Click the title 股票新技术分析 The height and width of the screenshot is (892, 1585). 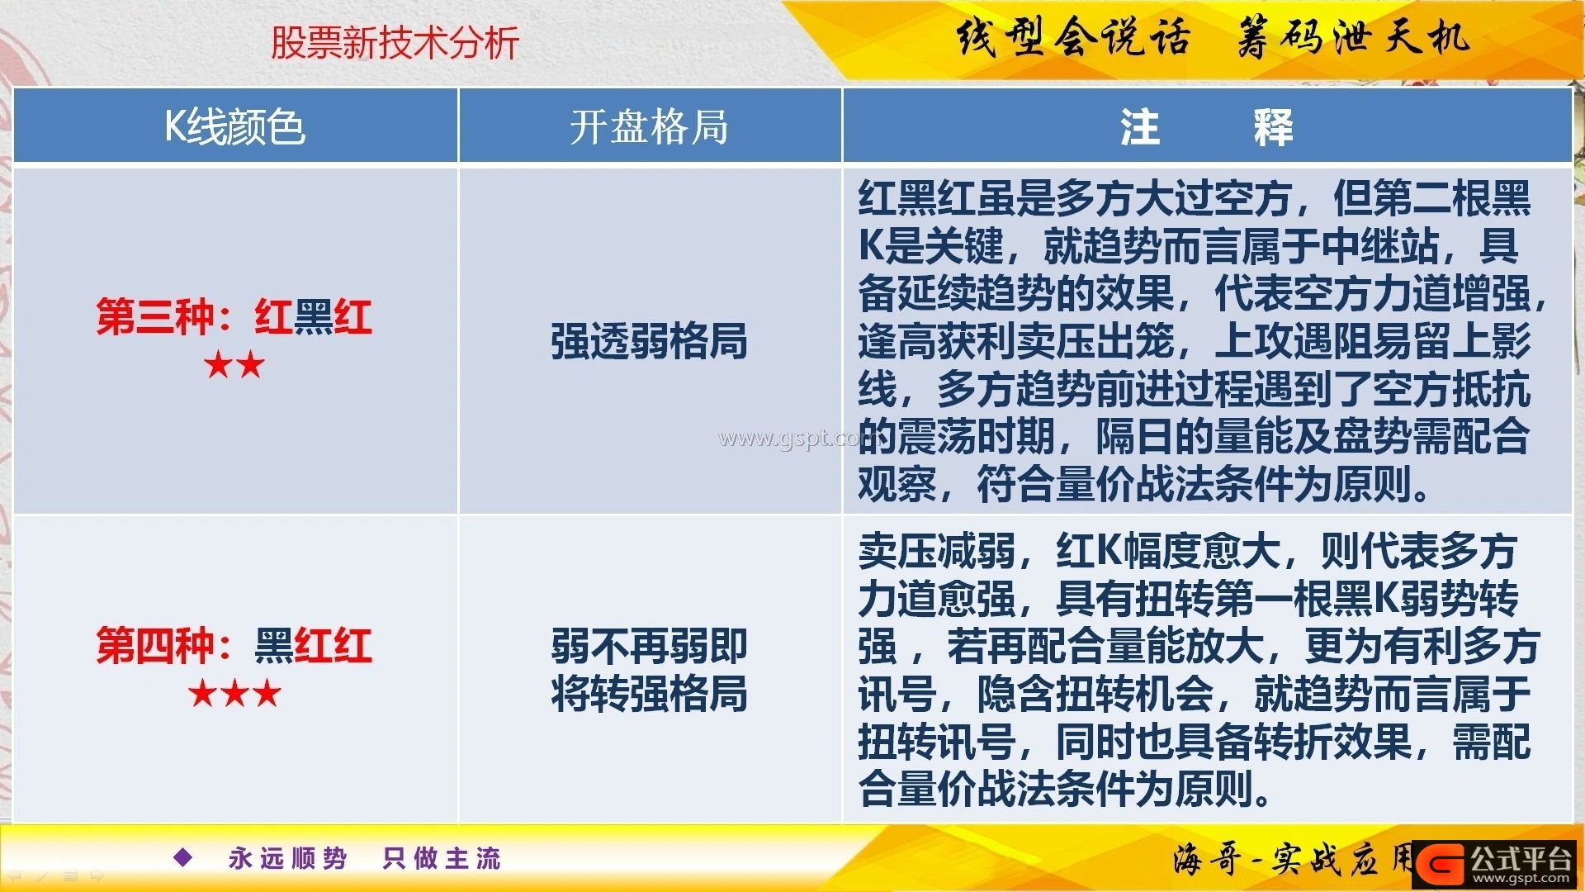[395, 42]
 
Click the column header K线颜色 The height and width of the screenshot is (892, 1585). [235, 127]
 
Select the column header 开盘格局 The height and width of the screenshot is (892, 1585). [650, 127]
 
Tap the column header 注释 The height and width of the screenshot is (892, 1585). [1206, 127]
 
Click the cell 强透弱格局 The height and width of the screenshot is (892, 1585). [650, 341]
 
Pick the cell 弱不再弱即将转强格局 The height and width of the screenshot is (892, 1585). [650, 670]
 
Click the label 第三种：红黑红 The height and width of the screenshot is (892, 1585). [234, 316]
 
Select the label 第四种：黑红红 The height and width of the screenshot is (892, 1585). [234, 645]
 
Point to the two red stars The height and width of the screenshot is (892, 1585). [234, 364]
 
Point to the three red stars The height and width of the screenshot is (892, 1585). [234, 693]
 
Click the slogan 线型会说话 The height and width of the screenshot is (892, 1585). [1073, 37]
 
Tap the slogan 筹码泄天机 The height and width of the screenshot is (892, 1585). [1354, 37]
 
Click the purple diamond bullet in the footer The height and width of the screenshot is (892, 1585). [183, 857]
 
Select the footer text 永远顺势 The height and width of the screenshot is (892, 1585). [288, 858]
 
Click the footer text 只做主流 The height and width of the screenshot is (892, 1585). [442, 858]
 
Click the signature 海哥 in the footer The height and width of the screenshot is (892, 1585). [1207, 860]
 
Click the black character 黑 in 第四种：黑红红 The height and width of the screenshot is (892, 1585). [274, 645]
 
